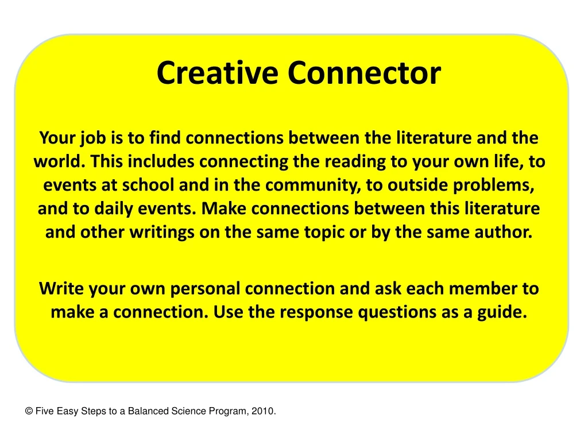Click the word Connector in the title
[x=364, y=73]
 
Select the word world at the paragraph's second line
[x=58, y=162]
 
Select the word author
[x=508, y=233]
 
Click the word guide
[x=506, y=312]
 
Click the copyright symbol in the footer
[x=29, y=411]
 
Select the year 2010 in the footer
[x=264, y=411]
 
